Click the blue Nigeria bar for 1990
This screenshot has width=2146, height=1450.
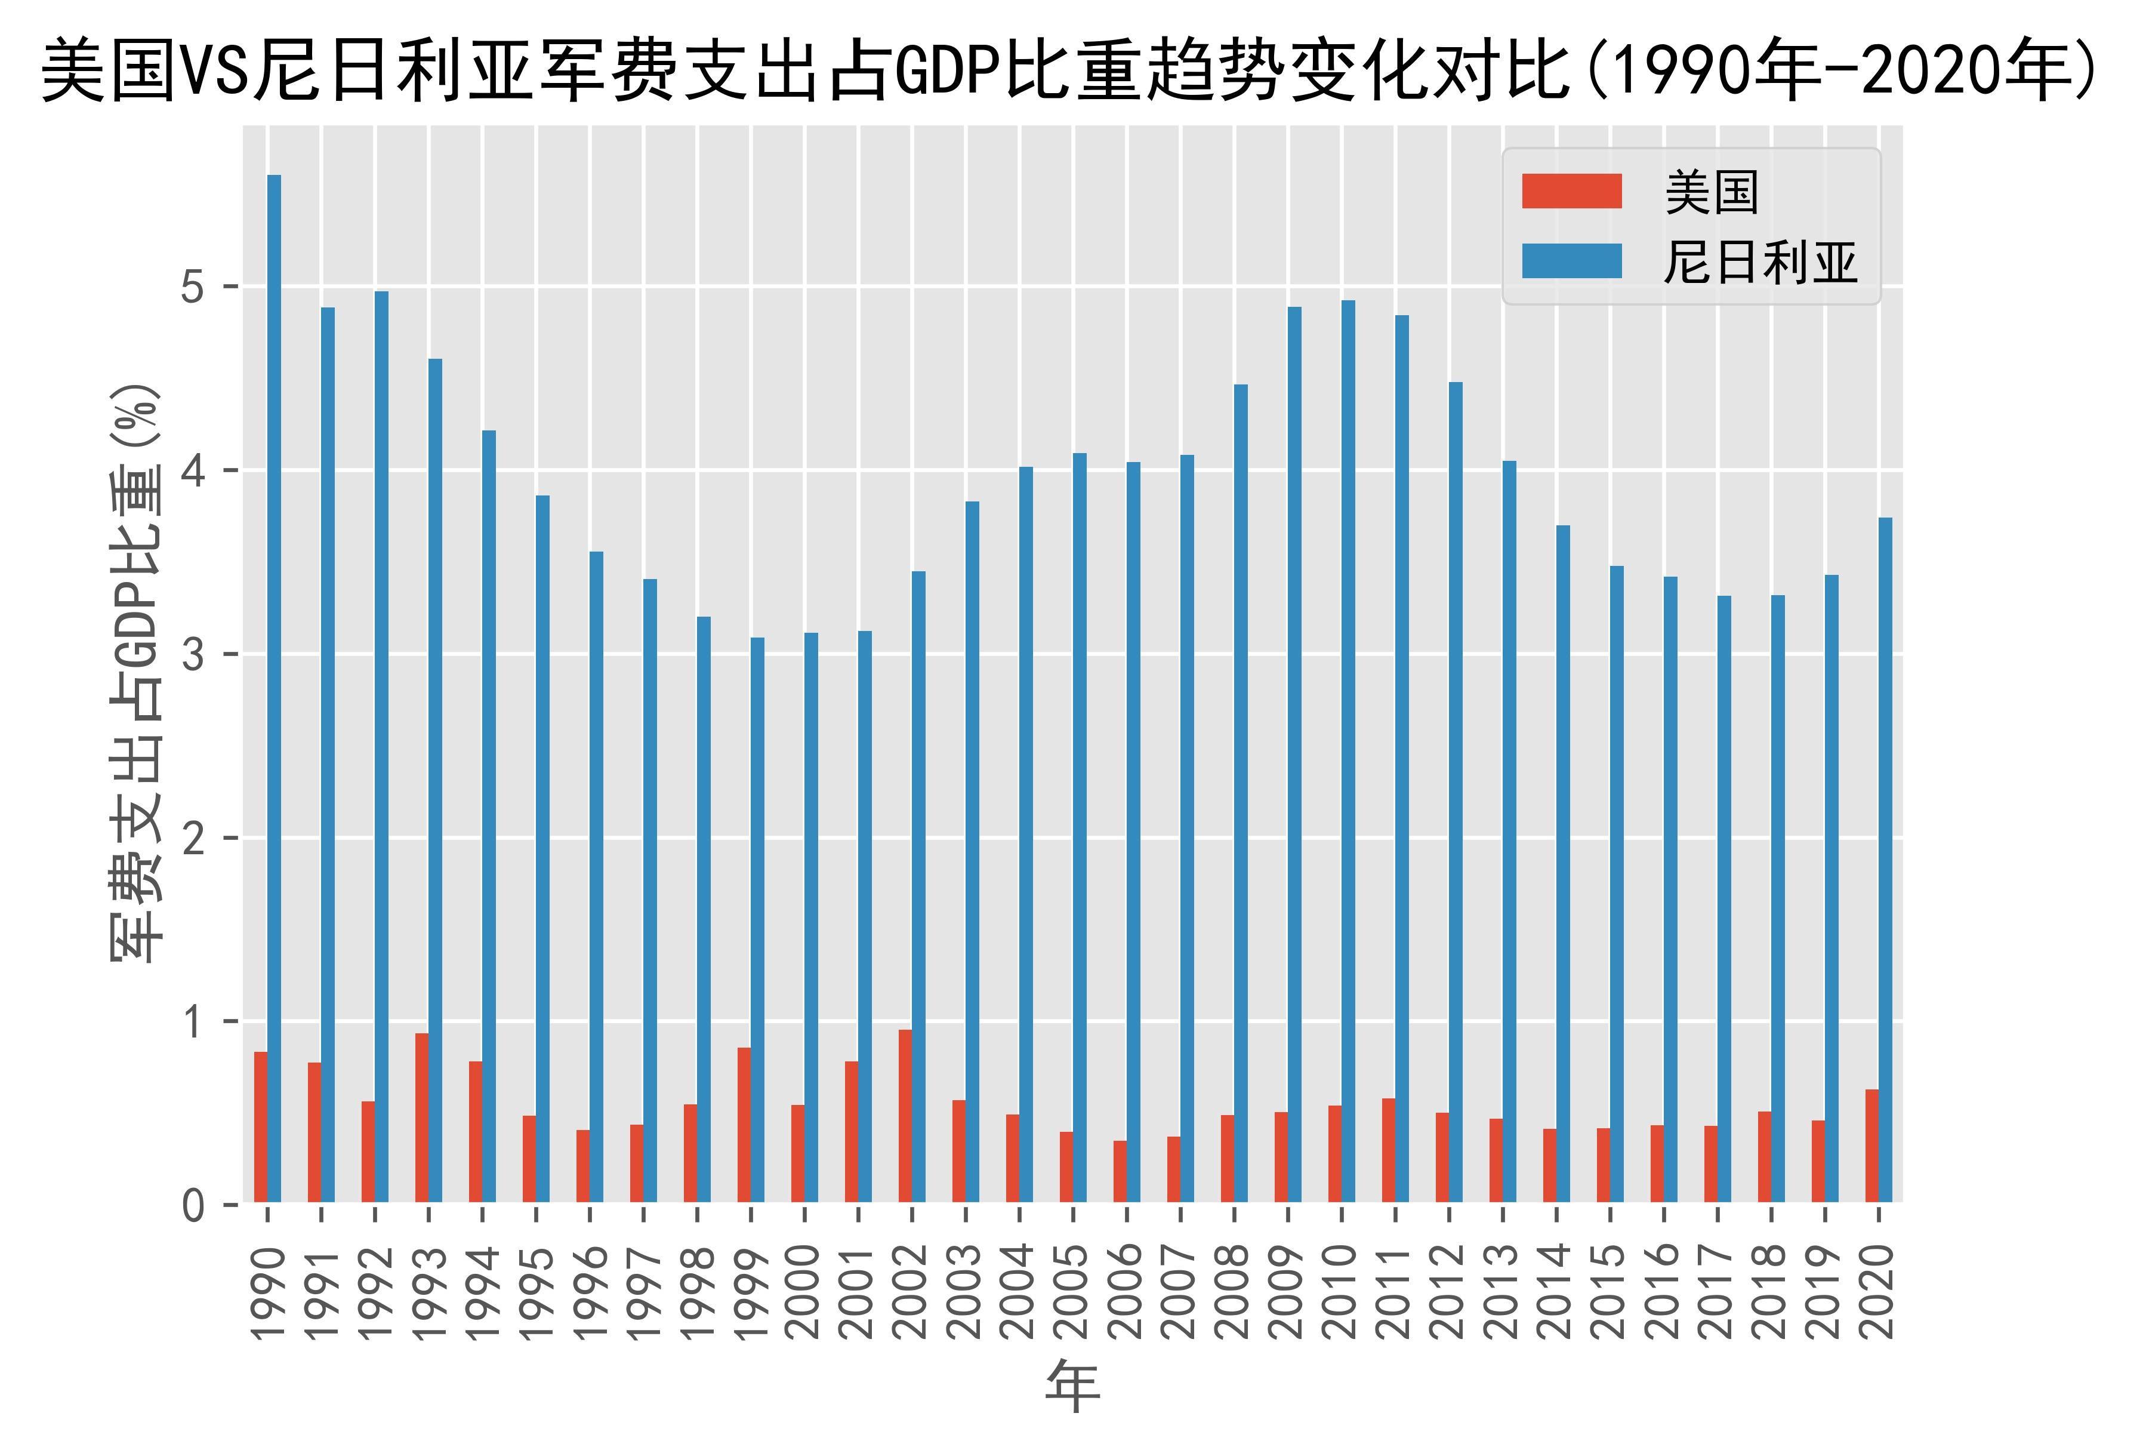(x=275, y=688)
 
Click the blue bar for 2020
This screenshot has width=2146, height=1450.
(x=1885, y=859)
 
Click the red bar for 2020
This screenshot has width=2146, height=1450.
(x=1871, y=1145)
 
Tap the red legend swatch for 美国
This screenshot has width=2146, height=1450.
(x=1572, y=191)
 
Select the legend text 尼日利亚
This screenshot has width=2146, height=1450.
(x=1760, y=262)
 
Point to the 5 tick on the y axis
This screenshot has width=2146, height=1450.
(x=192, y=287)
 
